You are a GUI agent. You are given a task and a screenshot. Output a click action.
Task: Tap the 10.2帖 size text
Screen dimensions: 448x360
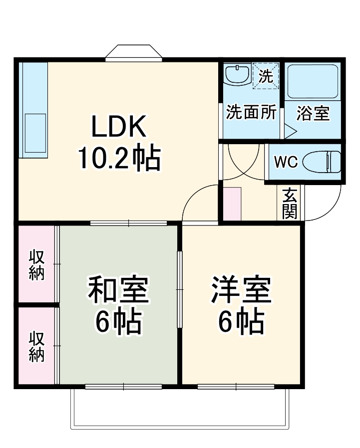(x=118, y=158)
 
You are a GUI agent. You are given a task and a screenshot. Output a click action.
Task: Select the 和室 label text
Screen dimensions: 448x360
(x=118, y=291)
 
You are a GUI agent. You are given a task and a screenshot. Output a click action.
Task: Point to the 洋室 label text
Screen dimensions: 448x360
(x=241, y=291)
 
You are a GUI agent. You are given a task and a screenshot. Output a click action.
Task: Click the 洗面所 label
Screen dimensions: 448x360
(x=251, y=113)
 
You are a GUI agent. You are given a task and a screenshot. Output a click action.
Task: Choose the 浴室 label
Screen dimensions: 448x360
(x=313, y=113)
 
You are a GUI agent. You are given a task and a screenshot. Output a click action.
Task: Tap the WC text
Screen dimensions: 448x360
(x=286, y=162)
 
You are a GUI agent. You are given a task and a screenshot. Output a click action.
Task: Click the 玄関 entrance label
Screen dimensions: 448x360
(x=290, y=203)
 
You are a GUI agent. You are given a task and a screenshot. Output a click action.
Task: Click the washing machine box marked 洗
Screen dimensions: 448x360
(x=266, y=75)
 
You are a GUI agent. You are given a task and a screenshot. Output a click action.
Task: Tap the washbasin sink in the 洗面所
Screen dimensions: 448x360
(x=237, y=74)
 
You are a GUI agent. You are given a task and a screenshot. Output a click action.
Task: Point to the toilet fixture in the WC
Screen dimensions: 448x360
(x=327, y=161)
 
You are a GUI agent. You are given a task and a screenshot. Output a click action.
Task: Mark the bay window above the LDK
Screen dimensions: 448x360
(x=134, y=53)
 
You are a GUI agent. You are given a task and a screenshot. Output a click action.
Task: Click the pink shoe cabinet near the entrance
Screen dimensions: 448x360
(x=232, y=204)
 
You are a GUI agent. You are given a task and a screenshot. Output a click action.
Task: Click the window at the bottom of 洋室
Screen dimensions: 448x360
(x=236, y=386)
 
